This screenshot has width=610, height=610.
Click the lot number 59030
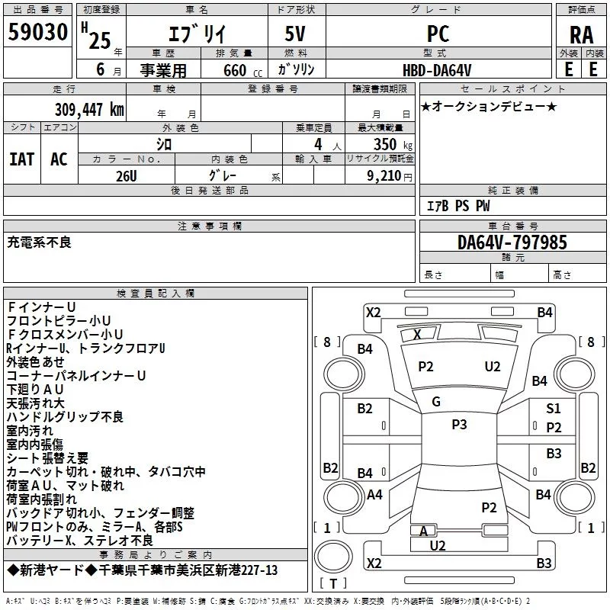[37, 32]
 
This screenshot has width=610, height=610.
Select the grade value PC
[438, 34]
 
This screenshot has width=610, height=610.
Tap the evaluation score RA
[582, 35]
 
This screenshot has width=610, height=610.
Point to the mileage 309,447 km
[89, 110]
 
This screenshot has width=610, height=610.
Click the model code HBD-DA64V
[437, 70]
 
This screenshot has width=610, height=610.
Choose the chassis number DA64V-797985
[512, 242]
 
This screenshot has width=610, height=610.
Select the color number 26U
[126, 176]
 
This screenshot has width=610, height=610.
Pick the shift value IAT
[22, 159]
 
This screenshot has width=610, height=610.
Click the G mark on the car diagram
[436, 402]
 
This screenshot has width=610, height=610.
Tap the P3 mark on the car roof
[459, 425]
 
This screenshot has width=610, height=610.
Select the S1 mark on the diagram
[554, 409]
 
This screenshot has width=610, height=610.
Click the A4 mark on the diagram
[374, 495]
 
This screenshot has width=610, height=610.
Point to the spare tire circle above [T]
[333, 557]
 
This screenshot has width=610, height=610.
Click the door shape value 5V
[295, 34]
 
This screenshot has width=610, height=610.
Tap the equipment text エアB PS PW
[458, 206]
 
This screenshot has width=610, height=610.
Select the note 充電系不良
[40, 242]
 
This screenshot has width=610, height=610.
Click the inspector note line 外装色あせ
[35, 361]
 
